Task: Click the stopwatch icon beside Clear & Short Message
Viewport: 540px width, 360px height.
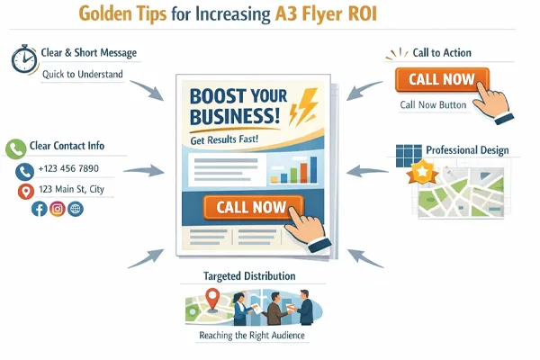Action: tap(24, 58)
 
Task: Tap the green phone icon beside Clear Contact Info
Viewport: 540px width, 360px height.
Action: tap(14, 149)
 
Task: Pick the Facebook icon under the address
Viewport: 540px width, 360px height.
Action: tap(39, 209)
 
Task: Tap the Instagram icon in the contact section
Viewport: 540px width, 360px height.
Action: tap(57, 209)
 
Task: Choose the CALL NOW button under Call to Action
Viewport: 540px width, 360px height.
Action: tap(441, 79)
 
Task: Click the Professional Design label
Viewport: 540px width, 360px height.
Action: tap(467, 149)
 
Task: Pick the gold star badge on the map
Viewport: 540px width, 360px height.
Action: tap(420, 172)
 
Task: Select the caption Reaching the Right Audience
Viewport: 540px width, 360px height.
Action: tap(251, 336)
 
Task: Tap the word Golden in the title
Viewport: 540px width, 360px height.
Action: tap(107, 15)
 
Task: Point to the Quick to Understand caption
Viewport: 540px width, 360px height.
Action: tap(82, 74)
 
